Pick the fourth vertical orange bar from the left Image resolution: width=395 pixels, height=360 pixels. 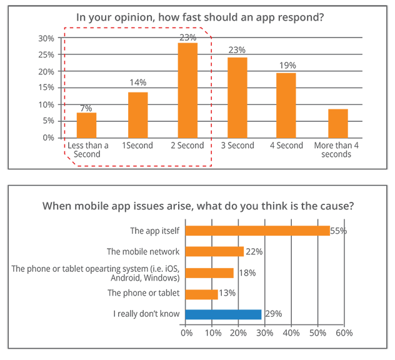(x=238, y=96)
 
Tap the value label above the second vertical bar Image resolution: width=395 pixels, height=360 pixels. (x=137, y=81)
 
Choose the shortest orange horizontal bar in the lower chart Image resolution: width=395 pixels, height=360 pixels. (x=203, y=292)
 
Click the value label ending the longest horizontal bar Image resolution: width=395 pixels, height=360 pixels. (x=335, y=231)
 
